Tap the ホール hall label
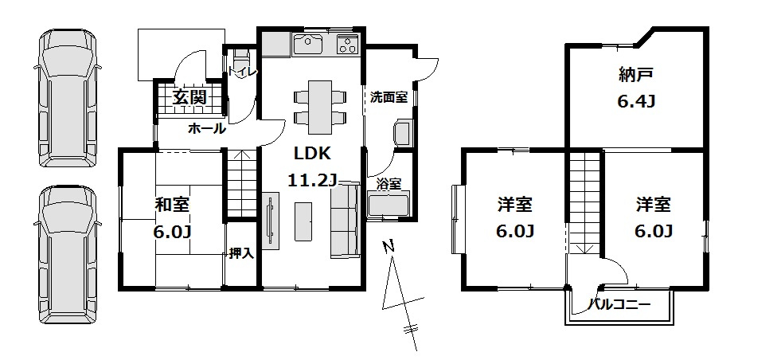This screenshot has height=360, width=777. point(207,128)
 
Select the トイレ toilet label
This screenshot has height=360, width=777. point(241,72)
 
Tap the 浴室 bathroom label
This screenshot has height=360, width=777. point(388,184)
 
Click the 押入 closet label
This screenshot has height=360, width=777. point(240,254)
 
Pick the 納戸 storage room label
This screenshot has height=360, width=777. point(636,76)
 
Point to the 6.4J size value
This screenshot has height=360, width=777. point(636,102)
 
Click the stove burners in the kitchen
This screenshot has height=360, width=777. point(349,45)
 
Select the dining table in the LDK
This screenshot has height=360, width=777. point(320,108)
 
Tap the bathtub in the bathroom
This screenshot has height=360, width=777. point(388,206)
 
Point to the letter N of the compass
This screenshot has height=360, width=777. point(388,247)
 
